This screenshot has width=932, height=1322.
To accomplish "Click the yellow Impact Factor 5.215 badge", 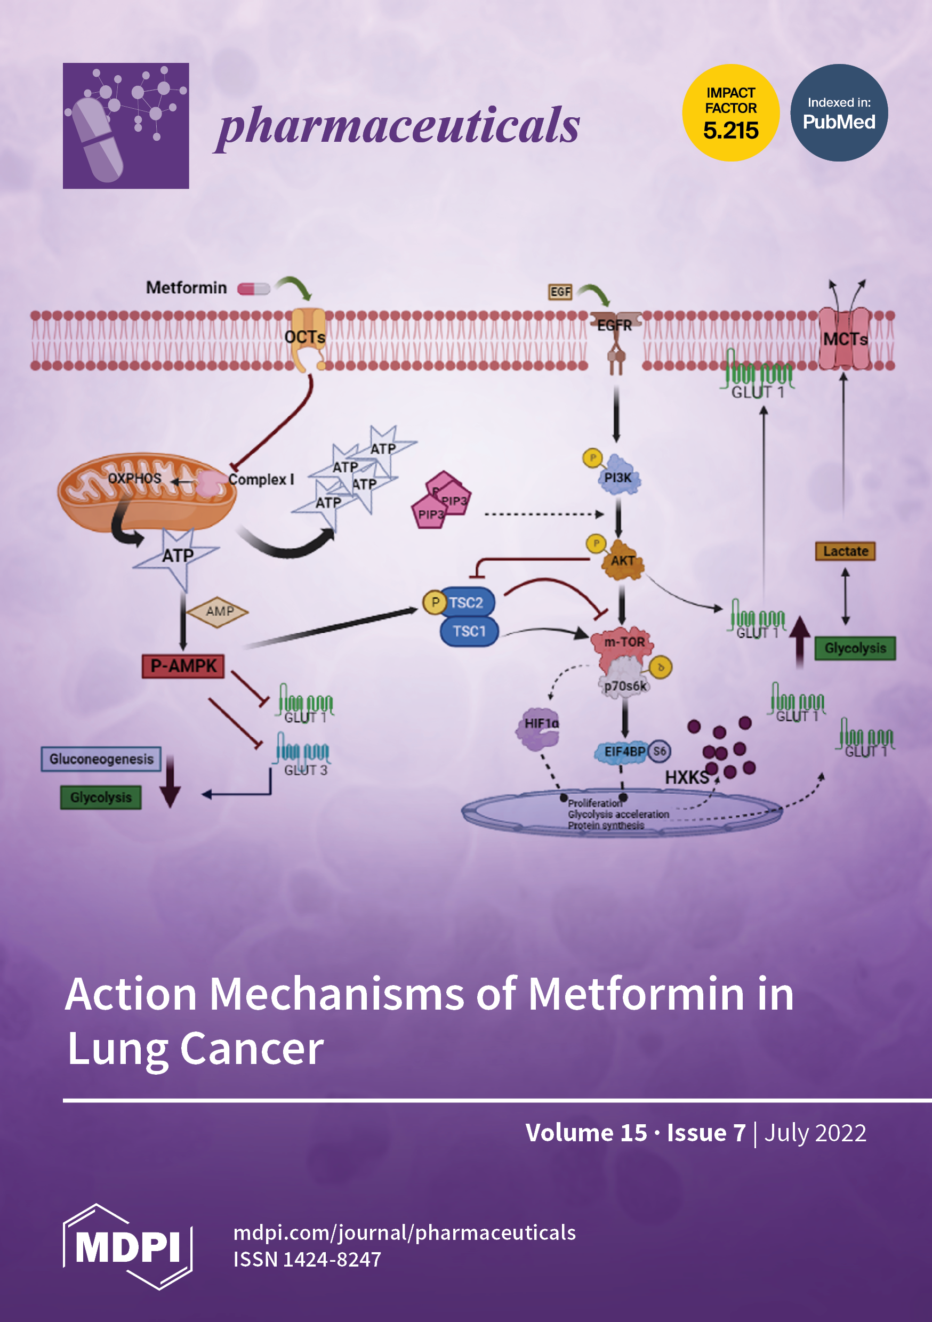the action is (x=730, y=113).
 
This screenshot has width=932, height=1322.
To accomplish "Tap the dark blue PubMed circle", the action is (x=839, y=113).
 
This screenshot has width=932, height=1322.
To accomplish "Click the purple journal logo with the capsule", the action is (x=126, y=125).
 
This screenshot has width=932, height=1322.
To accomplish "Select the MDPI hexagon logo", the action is (x=127, y=1247).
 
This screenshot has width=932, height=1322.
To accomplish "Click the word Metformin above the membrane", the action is (x=186, y=287).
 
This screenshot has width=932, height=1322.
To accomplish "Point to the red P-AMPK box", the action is (x=183, y=666).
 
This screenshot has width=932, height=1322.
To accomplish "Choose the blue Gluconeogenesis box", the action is (x=101, y=759).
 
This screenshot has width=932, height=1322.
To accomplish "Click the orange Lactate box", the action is (x=845, y=551).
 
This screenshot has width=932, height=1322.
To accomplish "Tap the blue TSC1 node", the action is (x=469, y=632).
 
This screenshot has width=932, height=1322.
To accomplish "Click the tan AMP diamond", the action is (x=219, y=611).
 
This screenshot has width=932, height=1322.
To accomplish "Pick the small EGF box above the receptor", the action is (x=560, y=292).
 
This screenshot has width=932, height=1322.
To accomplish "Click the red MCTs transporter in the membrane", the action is (x=845, y=338).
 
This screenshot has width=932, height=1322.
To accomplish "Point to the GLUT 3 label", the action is (x=306, y=770).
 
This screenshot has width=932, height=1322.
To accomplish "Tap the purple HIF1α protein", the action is (x=539, y=727).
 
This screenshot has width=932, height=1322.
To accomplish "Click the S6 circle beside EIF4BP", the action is (x=660, y=751).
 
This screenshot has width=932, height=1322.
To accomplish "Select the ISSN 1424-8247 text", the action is (x=307, y=1259).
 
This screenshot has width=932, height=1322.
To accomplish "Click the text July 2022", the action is (x=815, y=1133).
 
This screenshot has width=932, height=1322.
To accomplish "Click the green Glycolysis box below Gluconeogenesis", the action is (x=101, y=797).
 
